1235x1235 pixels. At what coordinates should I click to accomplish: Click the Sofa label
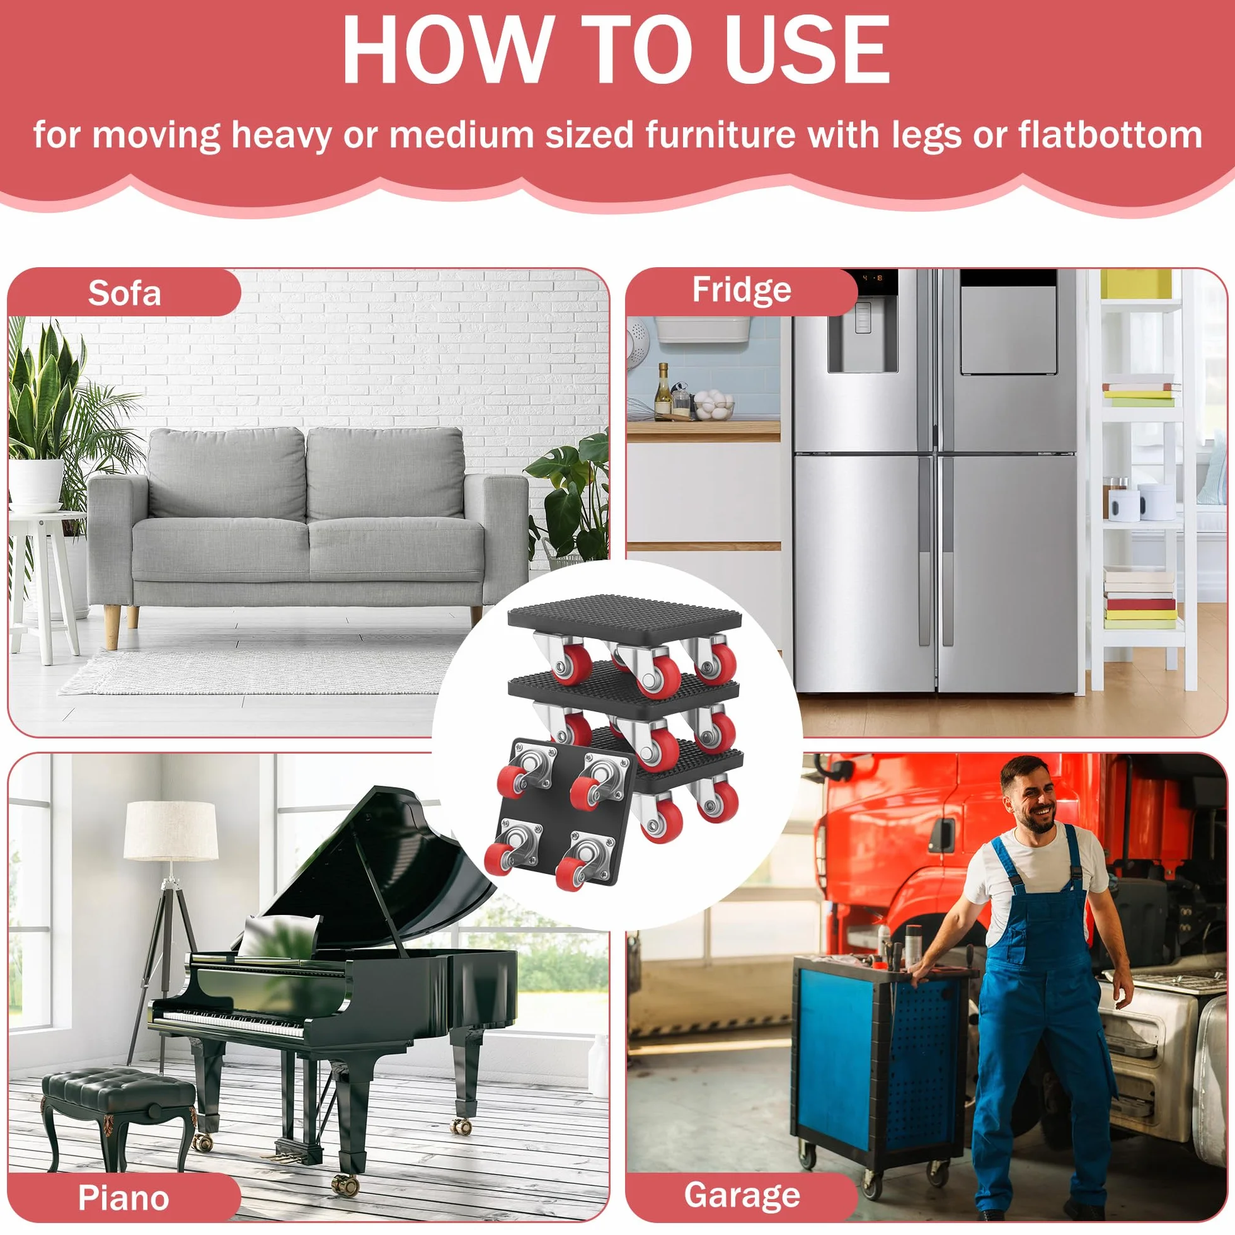[x=124, y=294]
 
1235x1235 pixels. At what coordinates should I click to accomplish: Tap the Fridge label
[x=742, y=290]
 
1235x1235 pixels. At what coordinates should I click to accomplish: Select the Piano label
[x=123, y=1197]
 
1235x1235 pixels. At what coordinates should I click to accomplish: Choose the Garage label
[x=742, y=1195]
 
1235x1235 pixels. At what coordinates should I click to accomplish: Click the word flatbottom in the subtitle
[x=1110, y=135]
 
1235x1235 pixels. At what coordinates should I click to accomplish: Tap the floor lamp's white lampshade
[x=171, y=830]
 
